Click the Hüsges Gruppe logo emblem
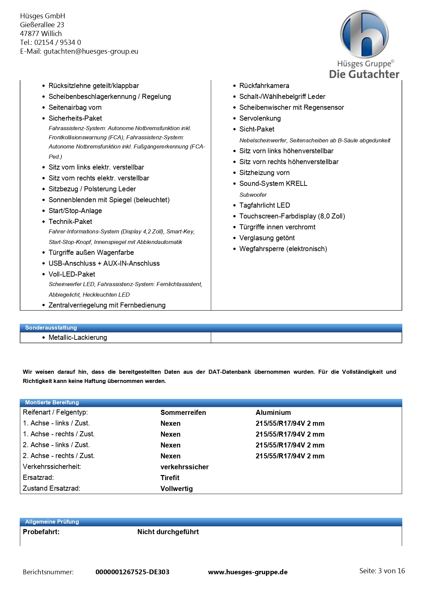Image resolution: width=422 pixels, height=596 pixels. pos(364,34)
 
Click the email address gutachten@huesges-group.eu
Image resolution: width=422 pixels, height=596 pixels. pos(91,51)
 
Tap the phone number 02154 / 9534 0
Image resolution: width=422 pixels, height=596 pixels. pos(57,42)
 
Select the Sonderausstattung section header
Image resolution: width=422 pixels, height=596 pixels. pos(51,328)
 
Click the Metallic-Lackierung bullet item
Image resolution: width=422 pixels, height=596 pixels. pos(78,337)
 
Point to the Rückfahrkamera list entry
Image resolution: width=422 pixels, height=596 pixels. pos(264,86)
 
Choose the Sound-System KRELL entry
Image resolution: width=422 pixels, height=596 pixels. pos(273,183)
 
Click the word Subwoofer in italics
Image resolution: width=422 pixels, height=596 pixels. pos(253,195)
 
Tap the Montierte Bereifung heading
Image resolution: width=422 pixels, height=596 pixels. pos(52,402)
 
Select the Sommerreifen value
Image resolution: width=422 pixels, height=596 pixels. pos(183,413)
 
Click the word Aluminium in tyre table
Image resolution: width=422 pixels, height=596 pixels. pos(273,413)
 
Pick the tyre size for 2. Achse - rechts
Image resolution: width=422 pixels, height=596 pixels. pos(290,456)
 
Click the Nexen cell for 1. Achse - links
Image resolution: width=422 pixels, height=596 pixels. pos(170,423)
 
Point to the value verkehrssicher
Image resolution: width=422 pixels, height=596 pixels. pos(184,467)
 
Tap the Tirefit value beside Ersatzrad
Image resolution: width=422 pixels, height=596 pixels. pos(170,478)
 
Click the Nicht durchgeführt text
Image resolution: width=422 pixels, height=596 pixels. pos(168,532)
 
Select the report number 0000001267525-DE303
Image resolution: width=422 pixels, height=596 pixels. pos(132,572)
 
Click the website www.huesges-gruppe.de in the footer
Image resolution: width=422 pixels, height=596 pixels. pos(248,572)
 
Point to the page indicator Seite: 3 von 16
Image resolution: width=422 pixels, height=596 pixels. pos(382,571)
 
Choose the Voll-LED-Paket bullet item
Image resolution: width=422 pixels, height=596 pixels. pos(72,274)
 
